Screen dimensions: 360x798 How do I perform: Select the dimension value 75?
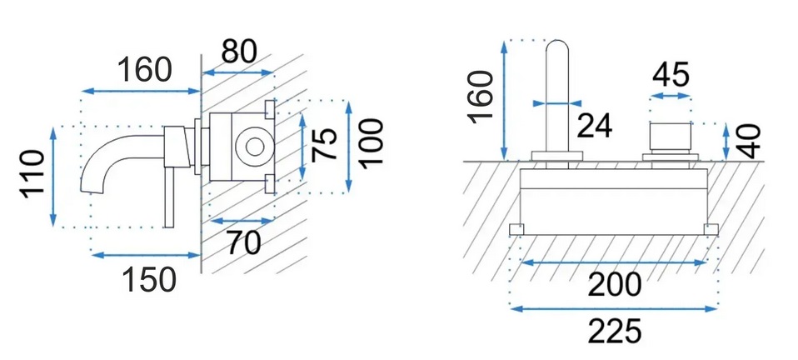(327, 144)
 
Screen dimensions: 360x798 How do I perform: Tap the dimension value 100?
(371, 144)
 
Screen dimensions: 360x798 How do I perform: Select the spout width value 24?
(594, 126)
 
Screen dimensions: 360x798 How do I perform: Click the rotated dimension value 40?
(750, 141)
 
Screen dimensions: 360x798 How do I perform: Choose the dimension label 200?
(614, 285)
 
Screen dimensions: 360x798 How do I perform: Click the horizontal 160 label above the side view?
(143, 69)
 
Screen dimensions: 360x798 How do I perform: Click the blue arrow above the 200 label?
(614, 262)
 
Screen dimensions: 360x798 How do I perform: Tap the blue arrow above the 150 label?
(146, 253)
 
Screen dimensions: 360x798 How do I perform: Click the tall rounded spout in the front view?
(556, 96)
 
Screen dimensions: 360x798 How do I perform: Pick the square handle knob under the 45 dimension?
(671, 137)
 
